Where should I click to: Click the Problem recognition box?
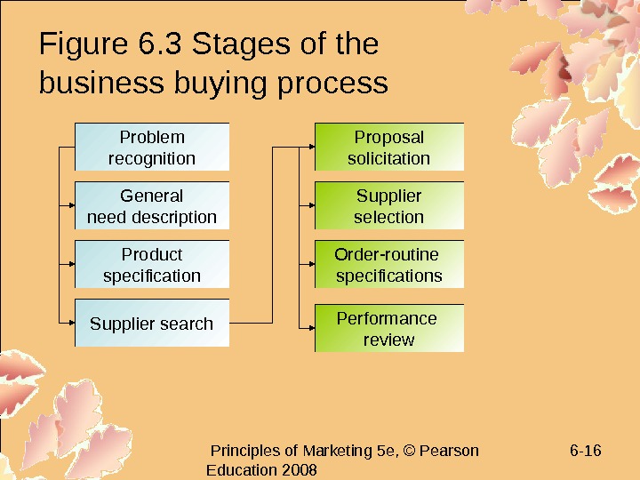[152, 148]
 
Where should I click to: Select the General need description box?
[152, 206]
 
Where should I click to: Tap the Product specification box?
[152, 265]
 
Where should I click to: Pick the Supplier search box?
[152, 324]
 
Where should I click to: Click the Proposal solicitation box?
[389, 148]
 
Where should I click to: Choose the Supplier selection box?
[389, 206]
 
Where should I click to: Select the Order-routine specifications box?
[389, 265]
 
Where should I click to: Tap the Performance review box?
[389, 329]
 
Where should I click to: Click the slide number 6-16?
[585, 451]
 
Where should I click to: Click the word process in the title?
[332, 84]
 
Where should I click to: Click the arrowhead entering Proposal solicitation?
[310, 148]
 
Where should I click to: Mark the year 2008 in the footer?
[299, 469]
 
